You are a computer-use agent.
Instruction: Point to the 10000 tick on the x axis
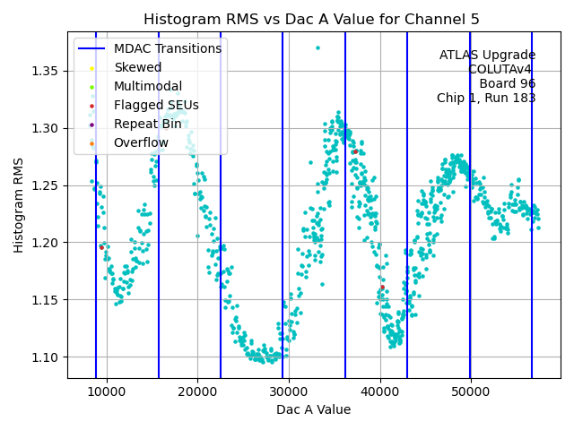107,392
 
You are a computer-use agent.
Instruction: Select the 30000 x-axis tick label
289,392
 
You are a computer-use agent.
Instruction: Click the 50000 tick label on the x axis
471,392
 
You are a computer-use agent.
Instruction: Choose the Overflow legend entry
141,142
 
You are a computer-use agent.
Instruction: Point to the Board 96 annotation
507,83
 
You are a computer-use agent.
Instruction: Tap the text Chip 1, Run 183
486,98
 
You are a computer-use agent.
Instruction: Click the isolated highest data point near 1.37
317,47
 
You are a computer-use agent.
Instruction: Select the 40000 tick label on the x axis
380,392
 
